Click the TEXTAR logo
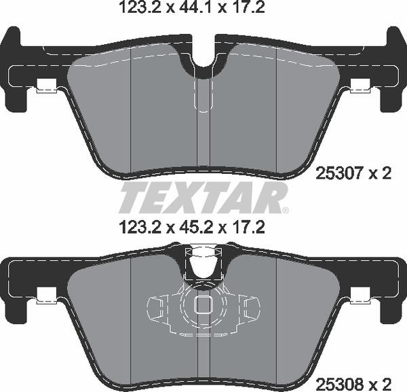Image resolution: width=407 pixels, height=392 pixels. [x=203, y=198]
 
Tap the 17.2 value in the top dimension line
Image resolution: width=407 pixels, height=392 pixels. [x=248, y=8]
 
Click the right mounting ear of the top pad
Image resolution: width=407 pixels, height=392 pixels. [x=391, y=68]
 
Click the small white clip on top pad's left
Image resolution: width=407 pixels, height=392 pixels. [x=45, y=87]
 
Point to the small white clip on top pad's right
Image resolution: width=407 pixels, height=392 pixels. [x=361, y=87]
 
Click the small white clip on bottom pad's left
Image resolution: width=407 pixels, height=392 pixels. [x=45, y=294]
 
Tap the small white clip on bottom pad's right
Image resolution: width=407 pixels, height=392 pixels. [x=361, y=294]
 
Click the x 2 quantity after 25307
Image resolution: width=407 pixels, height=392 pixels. [x=382, y=175]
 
